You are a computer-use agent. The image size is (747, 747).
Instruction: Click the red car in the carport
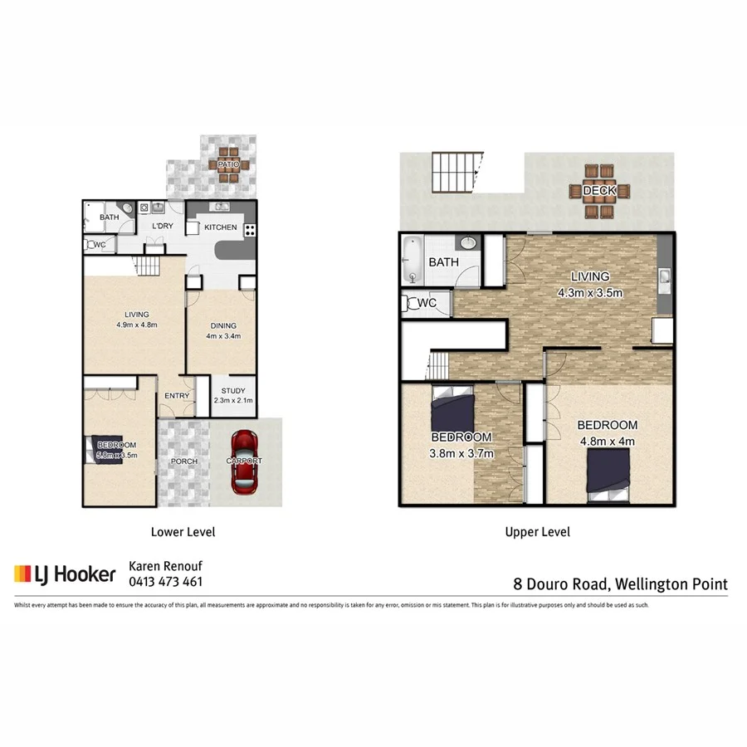pos(245,461)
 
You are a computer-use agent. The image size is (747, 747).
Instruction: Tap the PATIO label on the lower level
pos(228,164)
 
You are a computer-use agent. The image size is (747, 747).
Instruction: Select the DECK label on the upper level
pos(598,191)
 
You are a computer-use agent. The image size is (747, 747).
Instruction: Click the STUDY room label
pos(232,392)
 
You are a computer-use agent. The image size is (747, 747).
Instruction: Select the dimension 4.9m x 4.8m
pos(137,325)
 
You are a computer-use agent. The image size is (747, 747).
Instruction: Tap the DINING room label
pos(223,325)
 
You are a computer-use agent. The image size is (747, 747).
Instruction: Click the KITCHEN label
pos(221,227)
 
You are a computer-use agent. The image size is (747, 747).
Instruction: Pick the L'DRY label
pos(162,226)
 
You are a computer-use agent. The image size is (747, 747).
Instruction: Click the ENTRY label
pos(176,396)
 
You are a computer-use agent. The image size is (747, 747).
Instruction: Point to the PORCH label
pos(183,461)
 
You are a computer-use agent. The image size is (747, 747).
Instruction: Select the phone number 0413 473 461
pos(165,582)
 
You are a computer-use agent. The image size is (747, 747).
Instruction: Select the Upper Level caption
pos(537,532)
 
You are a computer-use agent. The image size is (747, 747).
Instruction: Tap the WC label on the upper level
pos(427,303)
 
